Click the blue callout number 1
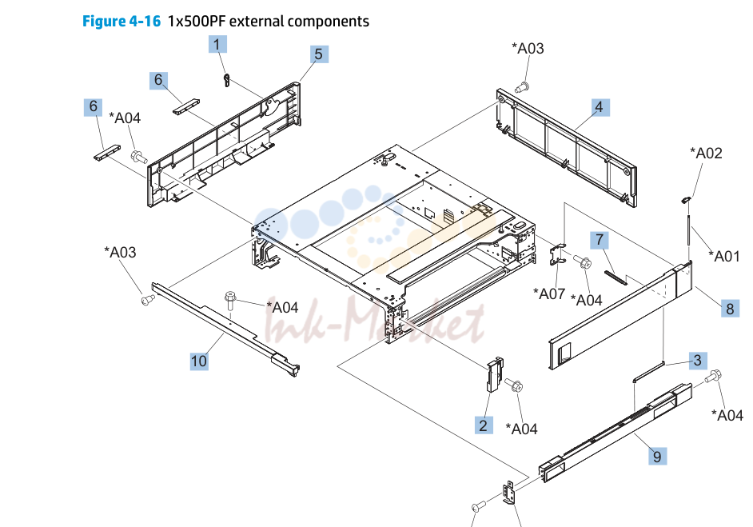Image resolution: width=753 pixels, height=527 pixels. [x=217, y=44]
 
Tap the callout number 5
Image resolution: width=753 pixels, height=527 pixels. [x=319, y=54]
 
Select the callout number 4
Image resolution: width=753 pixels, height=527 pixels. [x=599, y=107]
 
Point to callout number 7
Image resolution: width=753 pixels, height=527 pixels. [x=600, y=240]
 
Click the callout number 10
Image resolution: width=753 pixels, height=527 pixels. [x=199, y=361]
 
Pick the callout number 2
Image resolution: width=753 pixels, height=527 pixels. [x=484, y=425]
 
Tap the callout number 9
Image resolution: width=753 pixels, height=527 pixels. [x=657, y=456]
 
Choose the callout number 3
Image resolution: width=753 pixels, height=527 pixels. [x=698, y=361]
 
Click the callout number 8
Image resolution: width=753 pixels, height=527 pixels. [x=730, y=309]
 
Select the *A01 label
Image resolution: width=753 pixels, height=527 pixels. [x=724, y=257]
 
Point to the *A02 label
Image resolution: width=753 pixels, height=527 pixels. [x=706, y=154]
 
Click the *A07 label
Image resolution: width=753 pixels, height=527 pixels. [x=549, y=293]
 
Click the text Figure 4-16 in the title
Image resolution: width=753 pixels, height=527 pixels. [x=122, y=21]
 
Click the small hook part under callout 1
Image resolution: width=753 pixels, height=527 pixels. [x=227, y=80]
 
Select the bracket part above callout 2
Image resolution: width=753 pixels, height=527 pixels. [x=495, y=374]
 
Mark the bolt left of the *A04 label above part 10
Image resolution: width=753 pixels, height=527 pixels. [x=230, y=300]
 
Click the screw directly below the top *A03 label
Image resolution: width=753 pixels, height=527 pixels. [x=521, y=88]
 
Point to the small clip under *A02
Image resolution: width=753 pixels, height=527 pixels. [x=686, y=198]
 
